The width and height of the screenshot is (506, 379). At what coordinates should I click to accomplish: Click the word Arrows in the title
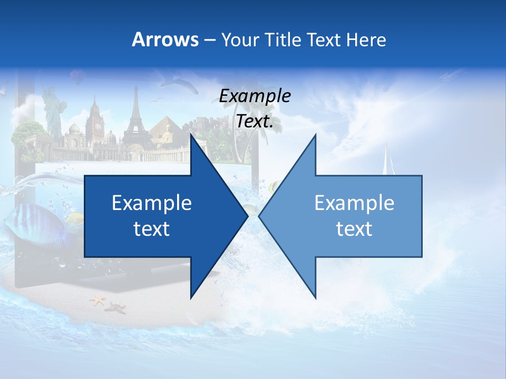(x=165, y=39)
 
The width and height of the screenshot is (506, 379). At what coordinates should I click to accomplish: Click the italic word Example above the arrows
(x=255, y=96)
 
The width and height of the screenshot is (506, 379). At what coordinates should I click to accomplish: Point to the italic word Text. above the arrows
(x=255, y=121)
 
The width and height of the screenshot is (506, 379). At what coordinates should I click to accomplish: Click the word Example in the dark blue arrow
(x=152, y=203)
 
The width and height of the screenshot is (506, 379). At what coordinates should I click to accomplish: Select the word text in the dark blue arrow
(x=152, y=229)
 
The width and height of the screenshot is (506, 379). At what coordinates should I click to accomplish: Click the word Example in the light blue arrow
(x=354, y=203)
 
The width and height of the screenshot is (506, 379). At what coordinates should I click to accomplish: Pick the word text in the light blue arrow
(x=354, y=229)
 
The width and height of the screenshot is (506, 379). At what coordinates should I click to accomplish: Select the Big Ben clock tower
(x=95, y=121)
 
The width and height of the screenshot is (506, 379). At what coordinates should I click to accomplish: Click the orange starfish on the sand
(x=98, y=301)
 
